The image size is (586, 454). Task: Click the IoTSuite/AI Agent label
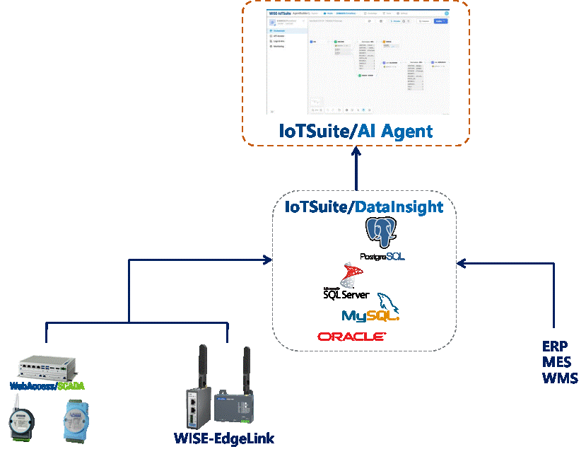click(x=356, y=131)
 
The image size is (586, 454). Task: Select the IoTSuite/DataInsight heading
click(x=364, y=207)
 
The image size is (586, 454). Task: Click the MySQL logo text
click(x=370, y=315)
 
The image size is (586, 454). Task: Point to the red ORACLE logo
click(x=351, y=337)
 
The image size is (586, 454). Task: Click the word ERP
click(x=556, y=347)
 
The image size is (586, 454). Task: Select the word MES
click(x=557, y=363)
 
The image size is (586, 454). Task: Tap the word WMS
click(x=560, y=378)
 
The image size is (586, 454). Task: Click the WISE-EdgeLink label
click(x=223, y=438)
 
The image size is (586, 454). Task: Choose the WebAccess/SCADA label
click(x=56, y=386)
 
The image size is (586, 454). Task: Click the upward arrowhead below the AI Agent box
click(x=356, y=155)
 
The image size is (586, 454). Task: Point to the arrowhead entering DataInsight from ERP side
click(x=460, y=264)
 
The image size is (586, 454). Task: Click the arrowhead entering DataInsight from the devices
click(x=269, y=260)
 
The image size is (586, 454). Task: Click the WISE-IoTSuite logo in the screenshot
click(x=282, y=13)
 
